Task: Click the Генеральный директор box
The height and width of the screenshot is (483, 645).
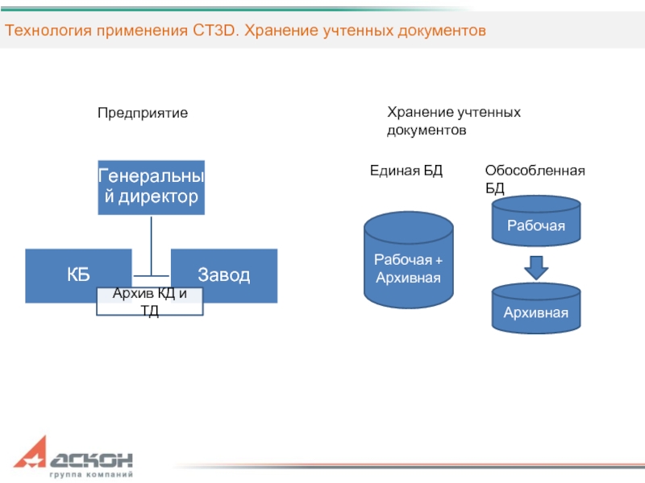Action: point(151,187)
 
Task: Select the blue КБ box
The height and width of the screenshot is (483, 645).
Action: point(78,275)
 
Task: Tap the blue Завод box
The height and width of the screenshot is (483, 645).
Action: point(223,275)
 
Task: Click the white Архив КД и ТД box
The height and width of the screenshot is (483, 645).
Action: point(150,302)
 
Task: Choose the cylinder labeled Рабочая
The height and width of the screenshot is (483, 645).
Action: point(536,224)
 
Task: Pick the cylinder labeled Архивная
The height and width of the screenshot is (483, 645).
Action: point(536,310)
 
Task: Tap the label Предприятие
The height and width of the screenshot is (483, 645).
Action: point(143,114)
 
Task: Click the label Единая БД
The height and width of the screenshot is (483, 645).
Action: point(406,171)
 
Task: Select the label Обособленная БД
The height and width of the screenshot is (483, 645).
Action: point(535,179)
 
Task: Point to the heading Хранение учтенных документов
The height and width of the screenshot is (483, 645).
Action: point(454,120)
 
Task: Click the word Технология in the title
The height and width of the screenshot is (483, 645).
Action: point(50,31)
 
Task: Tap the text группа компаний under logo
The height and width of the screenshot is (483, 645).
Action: point(91,474)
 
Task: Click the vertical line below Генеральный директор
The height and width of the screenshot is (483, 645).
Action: point(151,246)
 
